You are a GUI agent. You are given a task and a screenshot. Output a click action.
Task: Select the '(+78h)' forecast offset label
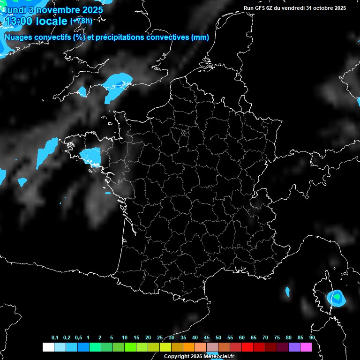(81, 21)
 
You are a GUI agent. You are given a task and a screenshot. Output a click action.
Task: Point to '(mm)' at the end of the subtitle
(200, 37)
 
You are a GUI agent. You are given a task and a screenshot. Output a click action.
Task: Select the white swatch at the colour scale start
(48, 347)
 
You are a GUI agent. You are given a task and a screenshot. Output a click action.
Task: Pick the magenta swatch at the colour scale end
(306, 347)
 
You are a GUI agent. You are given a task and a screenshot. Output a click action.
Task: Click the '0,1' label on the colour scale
(54, 337)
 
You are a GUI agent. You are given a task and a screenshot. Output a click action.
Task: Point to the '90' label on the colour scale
(312, 337)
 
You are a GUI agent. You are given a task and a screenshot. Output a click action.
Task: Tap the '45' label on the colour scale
(207, 337)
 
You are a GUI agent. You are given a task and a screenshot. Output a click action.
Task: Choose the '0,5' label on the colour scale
(78, 337)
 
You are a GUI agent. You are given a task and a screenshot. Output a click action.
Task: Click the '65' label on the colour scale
(254, 337)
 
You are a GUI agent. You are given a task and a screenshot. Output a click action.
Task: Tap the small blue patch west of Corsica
(287, 292)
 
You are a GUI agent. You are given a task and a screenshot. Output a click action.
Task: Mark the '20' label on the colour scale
(148, 337)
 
